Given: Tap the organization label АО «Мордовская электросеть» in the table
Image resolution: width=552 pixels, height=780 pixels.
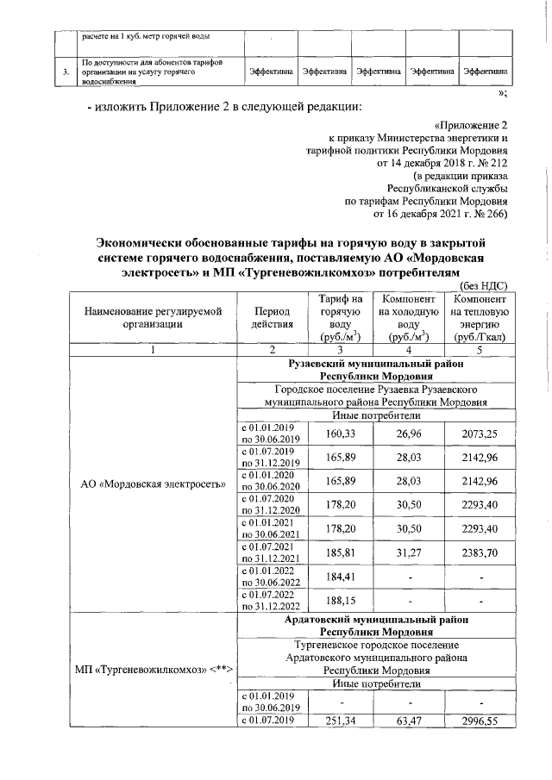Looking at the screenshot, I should (153, 483).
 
